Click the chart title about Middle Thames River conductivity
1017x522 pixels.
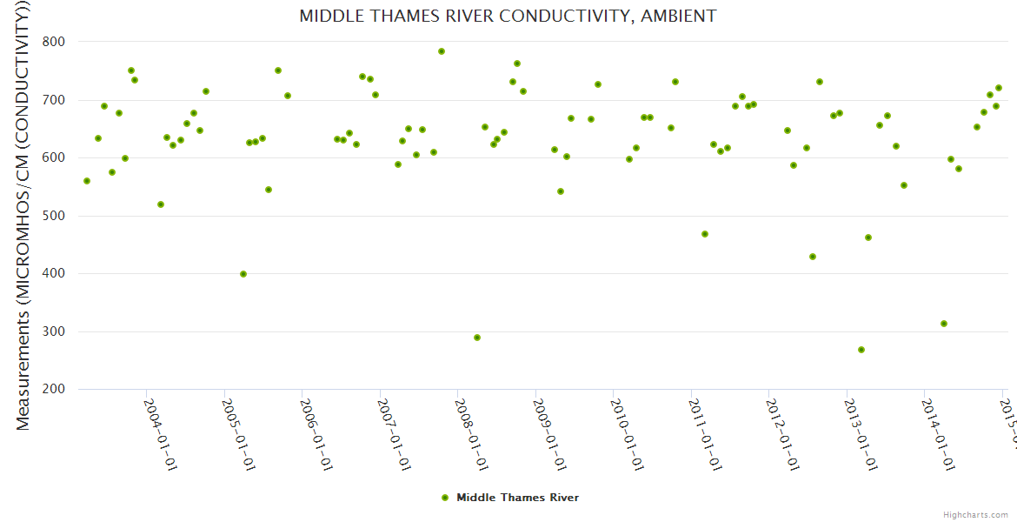508,16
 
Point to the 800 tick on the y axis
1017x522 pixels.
54,42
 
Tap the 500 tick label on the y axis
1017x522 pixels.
54,216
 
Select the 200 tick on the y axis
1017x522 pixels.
54,389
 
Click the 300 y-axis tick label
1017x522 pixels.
54,331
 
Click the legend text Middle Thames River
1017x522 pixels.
517,498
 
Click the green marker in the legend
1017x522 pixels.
445,498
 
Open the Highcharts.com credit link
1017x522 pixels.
975,514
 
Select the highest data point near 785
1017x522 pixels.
442,51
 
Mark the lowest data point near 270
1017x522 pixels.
861,350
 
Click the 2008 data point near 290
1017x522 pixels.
477,338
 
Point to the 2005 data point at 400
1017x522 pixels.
243,274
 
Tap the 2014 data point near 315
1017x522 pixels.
944,324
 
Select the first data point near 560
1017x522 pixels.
87,181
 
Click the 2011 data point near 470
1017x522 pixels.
705,234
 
